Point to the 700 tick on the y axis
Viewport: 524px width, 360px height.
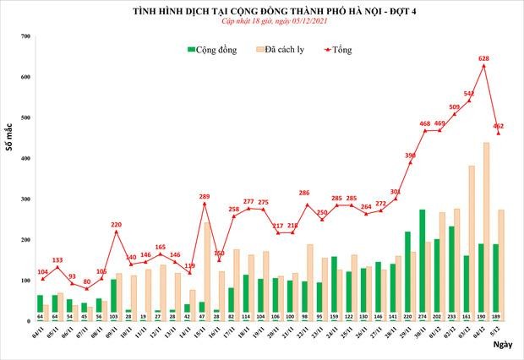click(x=25, y=36)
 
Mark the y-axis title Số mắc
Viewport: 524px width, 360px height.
click(x=8, y=139)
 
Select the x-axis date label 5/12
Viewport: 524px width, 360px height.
click(x=502, y=335)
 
